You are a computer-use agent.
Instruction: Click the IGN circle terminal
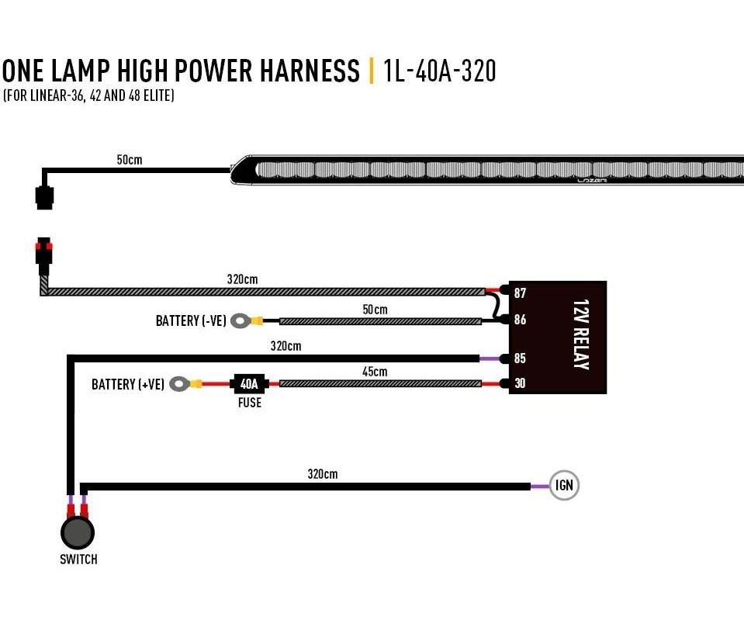pyautogui.click(x=564, y=485)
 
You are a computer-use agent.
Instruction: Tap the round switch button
pyautogui.click(x=78, y=532)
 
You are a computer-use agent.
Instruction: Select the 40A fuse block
pyautogui.click(x=249, y=383)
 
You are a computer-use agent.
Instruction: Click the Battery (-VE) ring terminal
pyautogui.click(x=241, y=321)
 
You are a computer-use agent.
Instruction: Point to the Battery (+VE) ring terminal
pyautogui.click(x=180, y=383)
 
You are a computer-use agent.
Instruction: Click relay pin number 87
pyautogui.click(x=520, y=293)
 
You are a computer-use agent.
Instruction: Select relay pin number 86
pyautogui.click(x=520, y=320)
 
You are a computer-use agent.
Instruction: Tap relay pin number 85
pyautogui.click(x=520, y=358)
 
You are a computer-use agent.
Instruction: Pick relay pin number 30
pyautogui.click(x=520, y=383)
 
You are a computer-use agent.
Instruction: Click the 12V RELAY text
pyautogui.click(x=581, y=334)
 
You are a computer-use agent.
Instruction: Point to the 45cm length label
pyautogui.click(x=375, y=372)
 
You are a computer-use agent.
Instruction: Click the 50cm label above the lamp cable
pyautogui.click(x=130, y=160)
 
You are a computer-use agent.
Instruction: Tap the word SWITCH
pyautogui.click(x=79, y=559)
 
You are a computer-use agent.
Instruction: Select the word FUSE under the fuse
pyautogui.click(x=250, y=403)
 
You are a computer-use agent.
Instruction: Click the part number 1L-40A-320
pyautogui.click(x=439, y=71)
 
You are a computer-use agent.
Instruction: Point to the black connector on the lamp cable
pyautogui.click(x=44, y=197)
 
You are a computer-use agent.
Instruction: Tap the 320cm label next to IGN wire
pyautogui.click(x=323, y=474)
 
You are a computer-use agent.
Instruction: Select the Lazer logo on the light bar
pyautogui.click(x=592, y=180)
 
